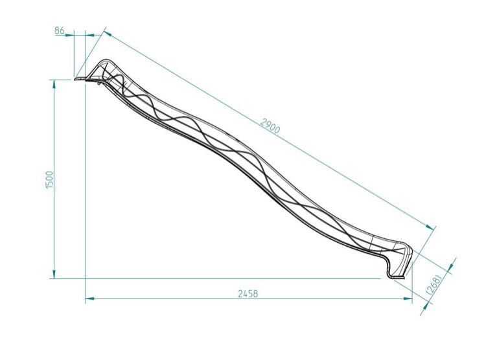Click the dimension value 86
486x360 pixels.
click(x=60, y=30)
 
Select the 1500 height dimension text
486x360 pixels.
click(x=49, y=180)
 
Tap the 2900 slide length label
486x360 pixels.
click(x=270, y=126)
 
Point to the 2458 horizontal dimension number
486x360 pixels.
click(x=248, y=293)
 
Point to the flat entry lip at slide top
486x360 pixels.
click(x=80, y=80)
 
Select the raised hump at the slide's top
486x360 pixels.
click(x=106, y=65)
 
